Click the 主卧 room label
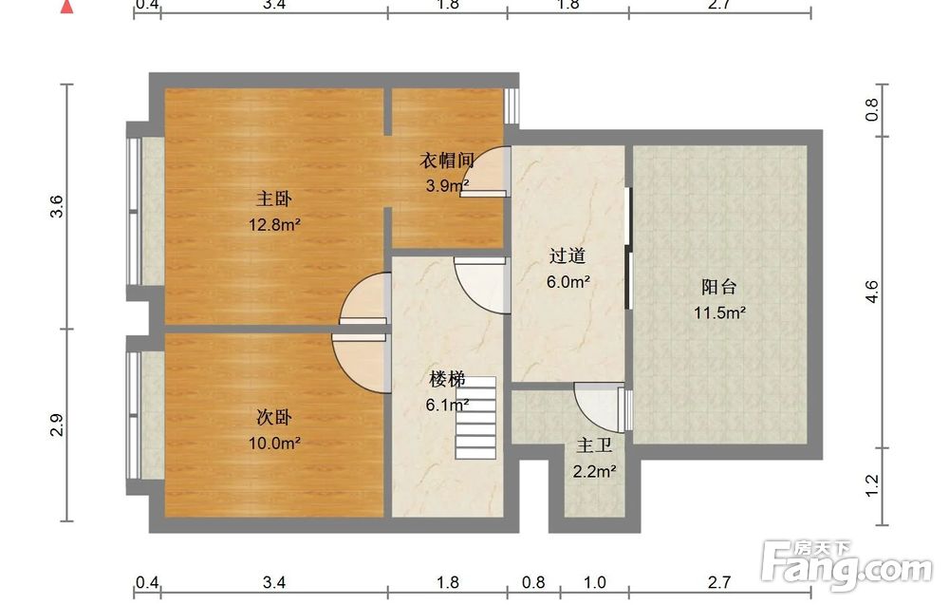point(274,199)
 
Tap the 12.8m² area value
point(275,225)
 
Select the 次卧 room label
point(274,417)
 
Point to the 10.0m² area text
point(275,444)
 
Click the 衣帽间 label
point(447,161)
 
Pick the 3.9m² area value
point(447,186)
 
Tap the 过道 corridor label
point(568,255)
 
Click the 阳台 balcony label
point(719,287)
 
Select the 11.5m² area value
point(719,313)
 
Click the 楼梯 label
point(447,379)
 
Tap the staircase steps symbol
point(475,417)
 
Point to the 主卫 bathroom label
point(594,445)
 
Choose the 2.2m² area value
point(595,471)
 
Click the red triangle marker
point(66,7)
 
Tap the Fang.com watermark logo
point(847,565)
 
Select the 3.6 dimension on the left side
point(56,206)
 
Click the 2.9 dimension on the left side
point(56,425)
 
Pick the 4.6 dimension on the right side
point(871,292)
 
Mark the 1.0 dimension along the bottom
point(594,582)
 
